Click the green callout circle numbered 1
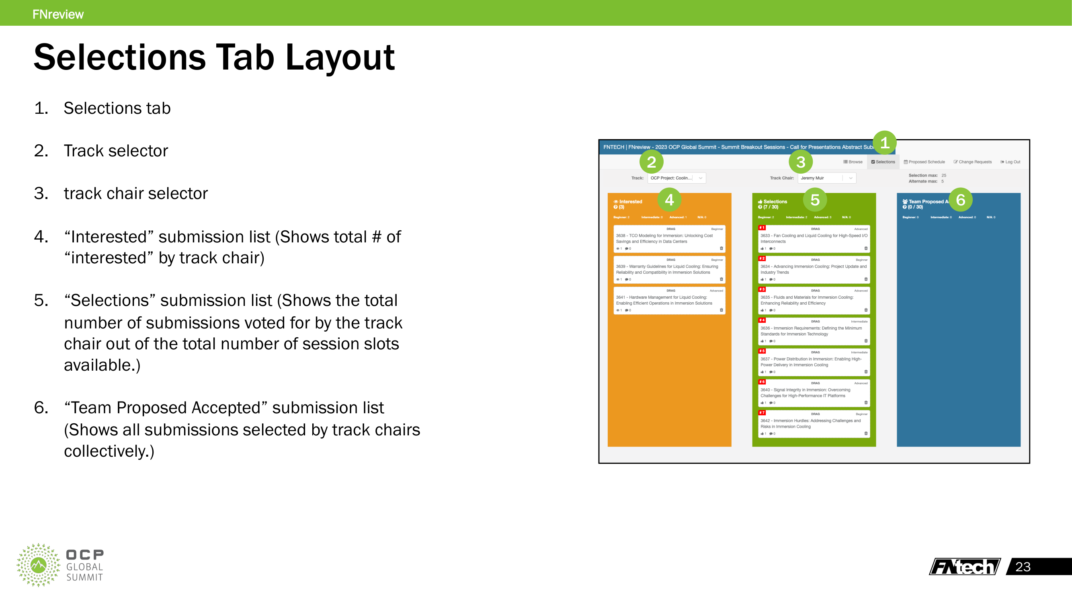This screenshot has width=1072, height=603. [884, 143]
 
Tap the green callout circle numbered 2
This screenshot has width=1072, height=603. [651, 162]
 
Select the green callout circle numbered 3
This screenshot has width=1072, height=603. [800, 162]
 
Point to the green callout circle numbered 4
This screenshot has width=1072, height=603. [669, 200]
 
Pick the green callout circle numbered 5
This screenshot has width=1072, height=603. [815, 200]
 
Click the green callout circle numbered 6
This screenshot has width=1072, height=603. [961, 200]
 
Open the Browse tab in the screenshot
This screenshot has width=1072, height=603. [853, 162]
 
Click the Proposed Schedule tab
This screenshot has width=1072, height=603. [924, 162]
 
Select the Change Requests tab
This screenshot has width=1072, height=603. [973, 162]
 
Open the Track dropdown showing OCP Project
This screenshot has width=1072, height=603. [676, 178]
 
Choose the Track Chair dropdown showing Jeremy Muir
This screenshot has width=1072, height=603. [826, 178]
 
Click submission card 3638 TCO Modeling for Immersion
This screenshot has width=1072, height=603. [669, 238]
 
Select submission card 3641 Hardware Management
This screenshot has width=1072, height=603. [669, 300]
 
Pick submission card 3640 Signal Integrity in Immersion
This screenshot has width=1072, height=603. [814, 393]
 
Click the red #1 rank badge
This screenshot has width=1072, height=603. [762, 228]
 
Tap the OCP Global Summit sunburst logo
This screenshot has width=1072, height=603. [38, 565]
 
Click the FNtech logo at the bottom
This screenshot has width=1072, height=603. [965, 566]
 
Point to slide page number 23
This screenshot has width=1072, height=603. [1023, 567]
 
